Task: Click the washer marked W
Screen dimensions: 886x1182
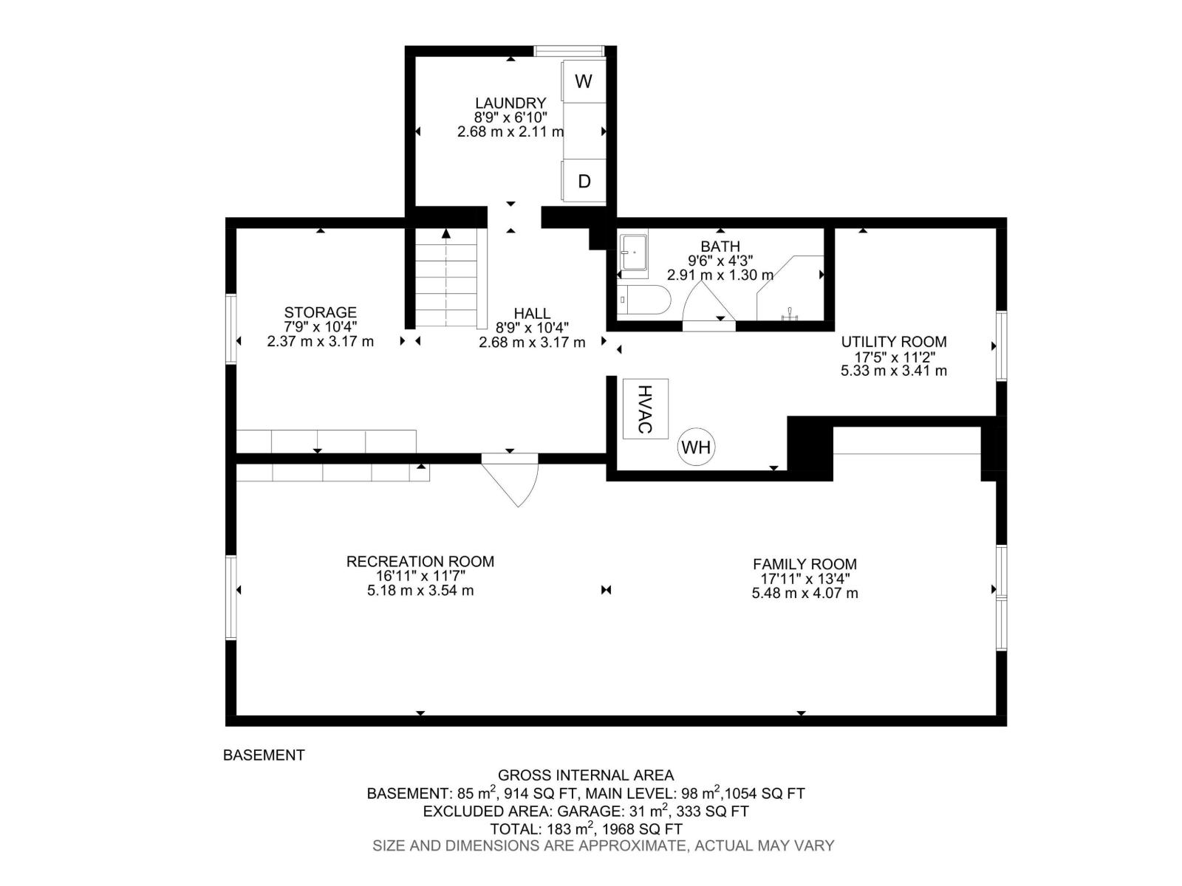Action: [x=584, y=81]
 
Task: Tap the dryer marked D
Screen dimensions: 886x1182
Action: [x=584, y=181]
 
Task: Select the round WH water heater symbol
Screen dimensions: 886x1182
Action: [x=696, y=447]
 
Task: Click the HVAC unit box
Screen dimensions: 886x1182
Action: [x=645, y=408]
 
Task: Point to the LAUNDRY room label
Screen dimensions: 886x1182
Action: [x=510, y=103]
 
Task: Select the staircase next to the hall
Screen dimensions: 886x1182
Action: [x=446, y=278]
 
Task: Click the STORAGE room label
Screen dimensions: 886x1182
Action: [x=320, y=312]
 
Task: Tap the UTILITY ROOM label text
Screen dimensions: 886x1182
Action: [x=894, y=342]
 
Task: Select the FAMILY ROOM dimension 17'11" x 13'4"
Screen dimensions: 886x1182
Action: [x=805, y=579]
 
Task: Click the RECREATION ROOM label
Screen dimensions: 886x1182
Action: [x=420, y=561]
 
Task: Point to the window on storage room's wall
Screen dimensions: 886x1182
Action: [x=231, y=329]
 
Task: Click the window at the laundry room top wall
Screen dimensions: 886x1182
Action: [x=569, y=51]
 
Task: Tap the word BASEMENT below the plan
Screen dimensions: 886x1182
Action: [x=264, y=755]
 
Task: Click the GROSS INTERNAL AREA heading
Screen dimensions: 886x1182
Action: [x=586, y=775]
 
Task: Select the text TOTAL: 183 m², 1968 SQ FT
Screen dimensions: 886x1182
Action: [x=586, y=829]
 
